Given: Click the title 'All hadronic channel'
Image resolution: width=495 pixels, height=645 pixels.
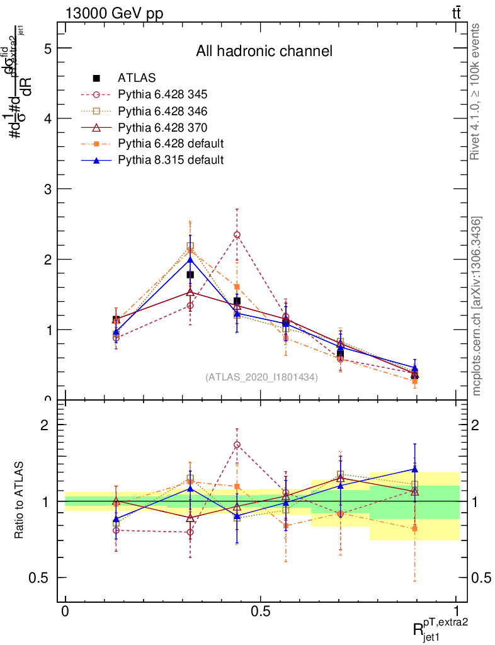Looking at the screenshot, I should click(264, 51).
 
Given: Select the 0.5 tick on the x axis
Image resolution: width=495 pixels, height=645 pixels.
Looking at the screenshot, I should click(261, 612).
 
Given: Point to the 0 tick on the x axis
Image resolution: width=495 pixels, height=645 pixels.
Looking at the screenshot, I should click(65, 612).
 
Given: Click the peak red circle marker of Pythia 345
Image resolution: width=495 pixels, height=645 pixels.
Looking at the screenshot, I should click(237, 234).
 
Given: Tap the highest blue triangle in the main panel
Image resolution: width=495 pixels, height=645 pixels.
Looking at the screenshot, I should click(190, 260).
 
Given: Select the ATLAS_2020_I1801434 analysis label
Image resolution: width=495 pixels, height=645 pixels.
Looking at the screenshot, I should click(261, 377).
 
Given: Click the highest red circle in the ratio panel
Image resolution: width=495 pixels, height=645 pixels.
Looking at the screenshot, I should click(237, 445).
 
